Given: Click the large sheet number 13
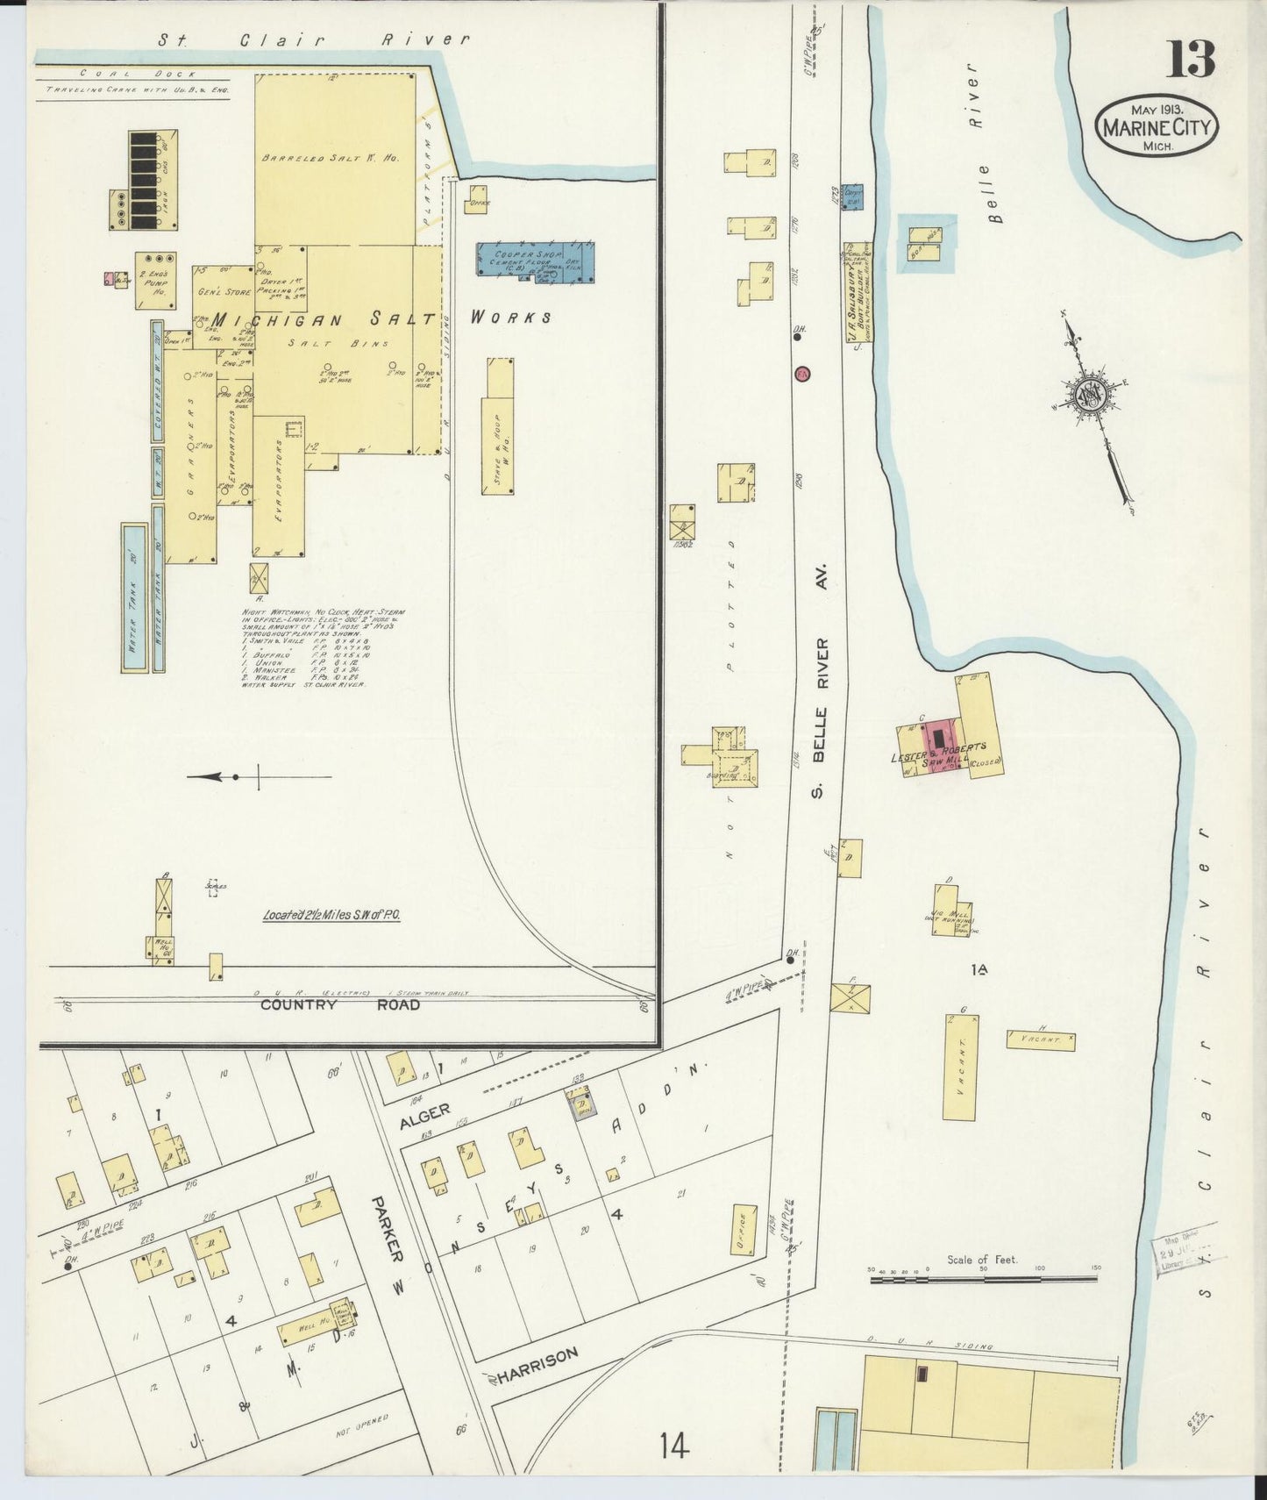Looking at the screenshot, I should tap(1190, 60).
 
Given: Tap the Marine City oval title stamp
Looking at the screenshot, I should tap(1157, 127).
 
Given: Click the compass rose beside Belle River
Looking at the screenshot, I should tap(1092, 396).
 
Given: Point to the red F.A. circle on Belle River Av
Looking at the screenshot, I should tap(801, 374).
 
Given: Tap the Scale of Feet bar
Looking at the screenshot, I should tap(982, 1280).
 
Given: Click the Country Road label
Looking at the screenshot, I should tap(339, 1004).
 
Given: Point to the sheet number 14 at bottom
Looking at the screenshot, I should tap(675, 1444).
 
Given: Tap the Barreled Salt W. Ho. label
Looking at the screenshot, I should tap(329, 159).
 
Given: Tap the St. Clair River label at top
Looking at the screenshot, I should tap(313, 39).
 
